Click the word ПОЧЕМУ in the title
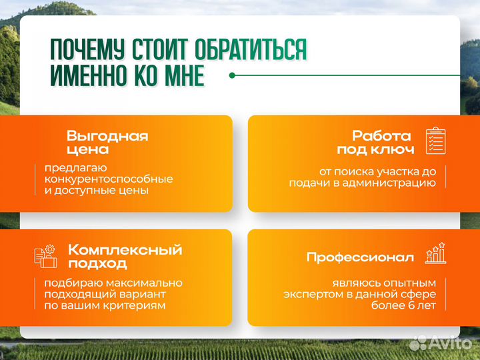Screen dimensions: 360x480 click(x=89, y=50)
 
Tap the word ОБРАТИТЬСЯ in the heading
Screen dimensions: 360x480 click(x=251, y=50)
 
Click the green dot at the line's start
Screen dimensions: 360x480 click(x=232, y=75)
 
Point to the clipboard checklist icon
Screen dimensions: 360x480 click(x=435, y=141)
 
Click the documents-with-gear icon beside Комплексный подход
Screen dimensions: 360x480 click(x=45, y=257)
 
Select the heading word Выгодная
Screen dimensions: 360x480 click(x=107, y=136)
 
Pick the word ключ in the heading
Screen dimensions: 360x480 click(x=394, y=149)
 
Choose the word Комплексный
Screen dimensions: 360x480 click(x=125, y=250)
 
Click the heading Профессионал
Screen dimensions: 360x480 click(x=360, y=257)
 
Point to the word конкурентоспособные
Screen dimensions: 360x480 click(x=109, y=179)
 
